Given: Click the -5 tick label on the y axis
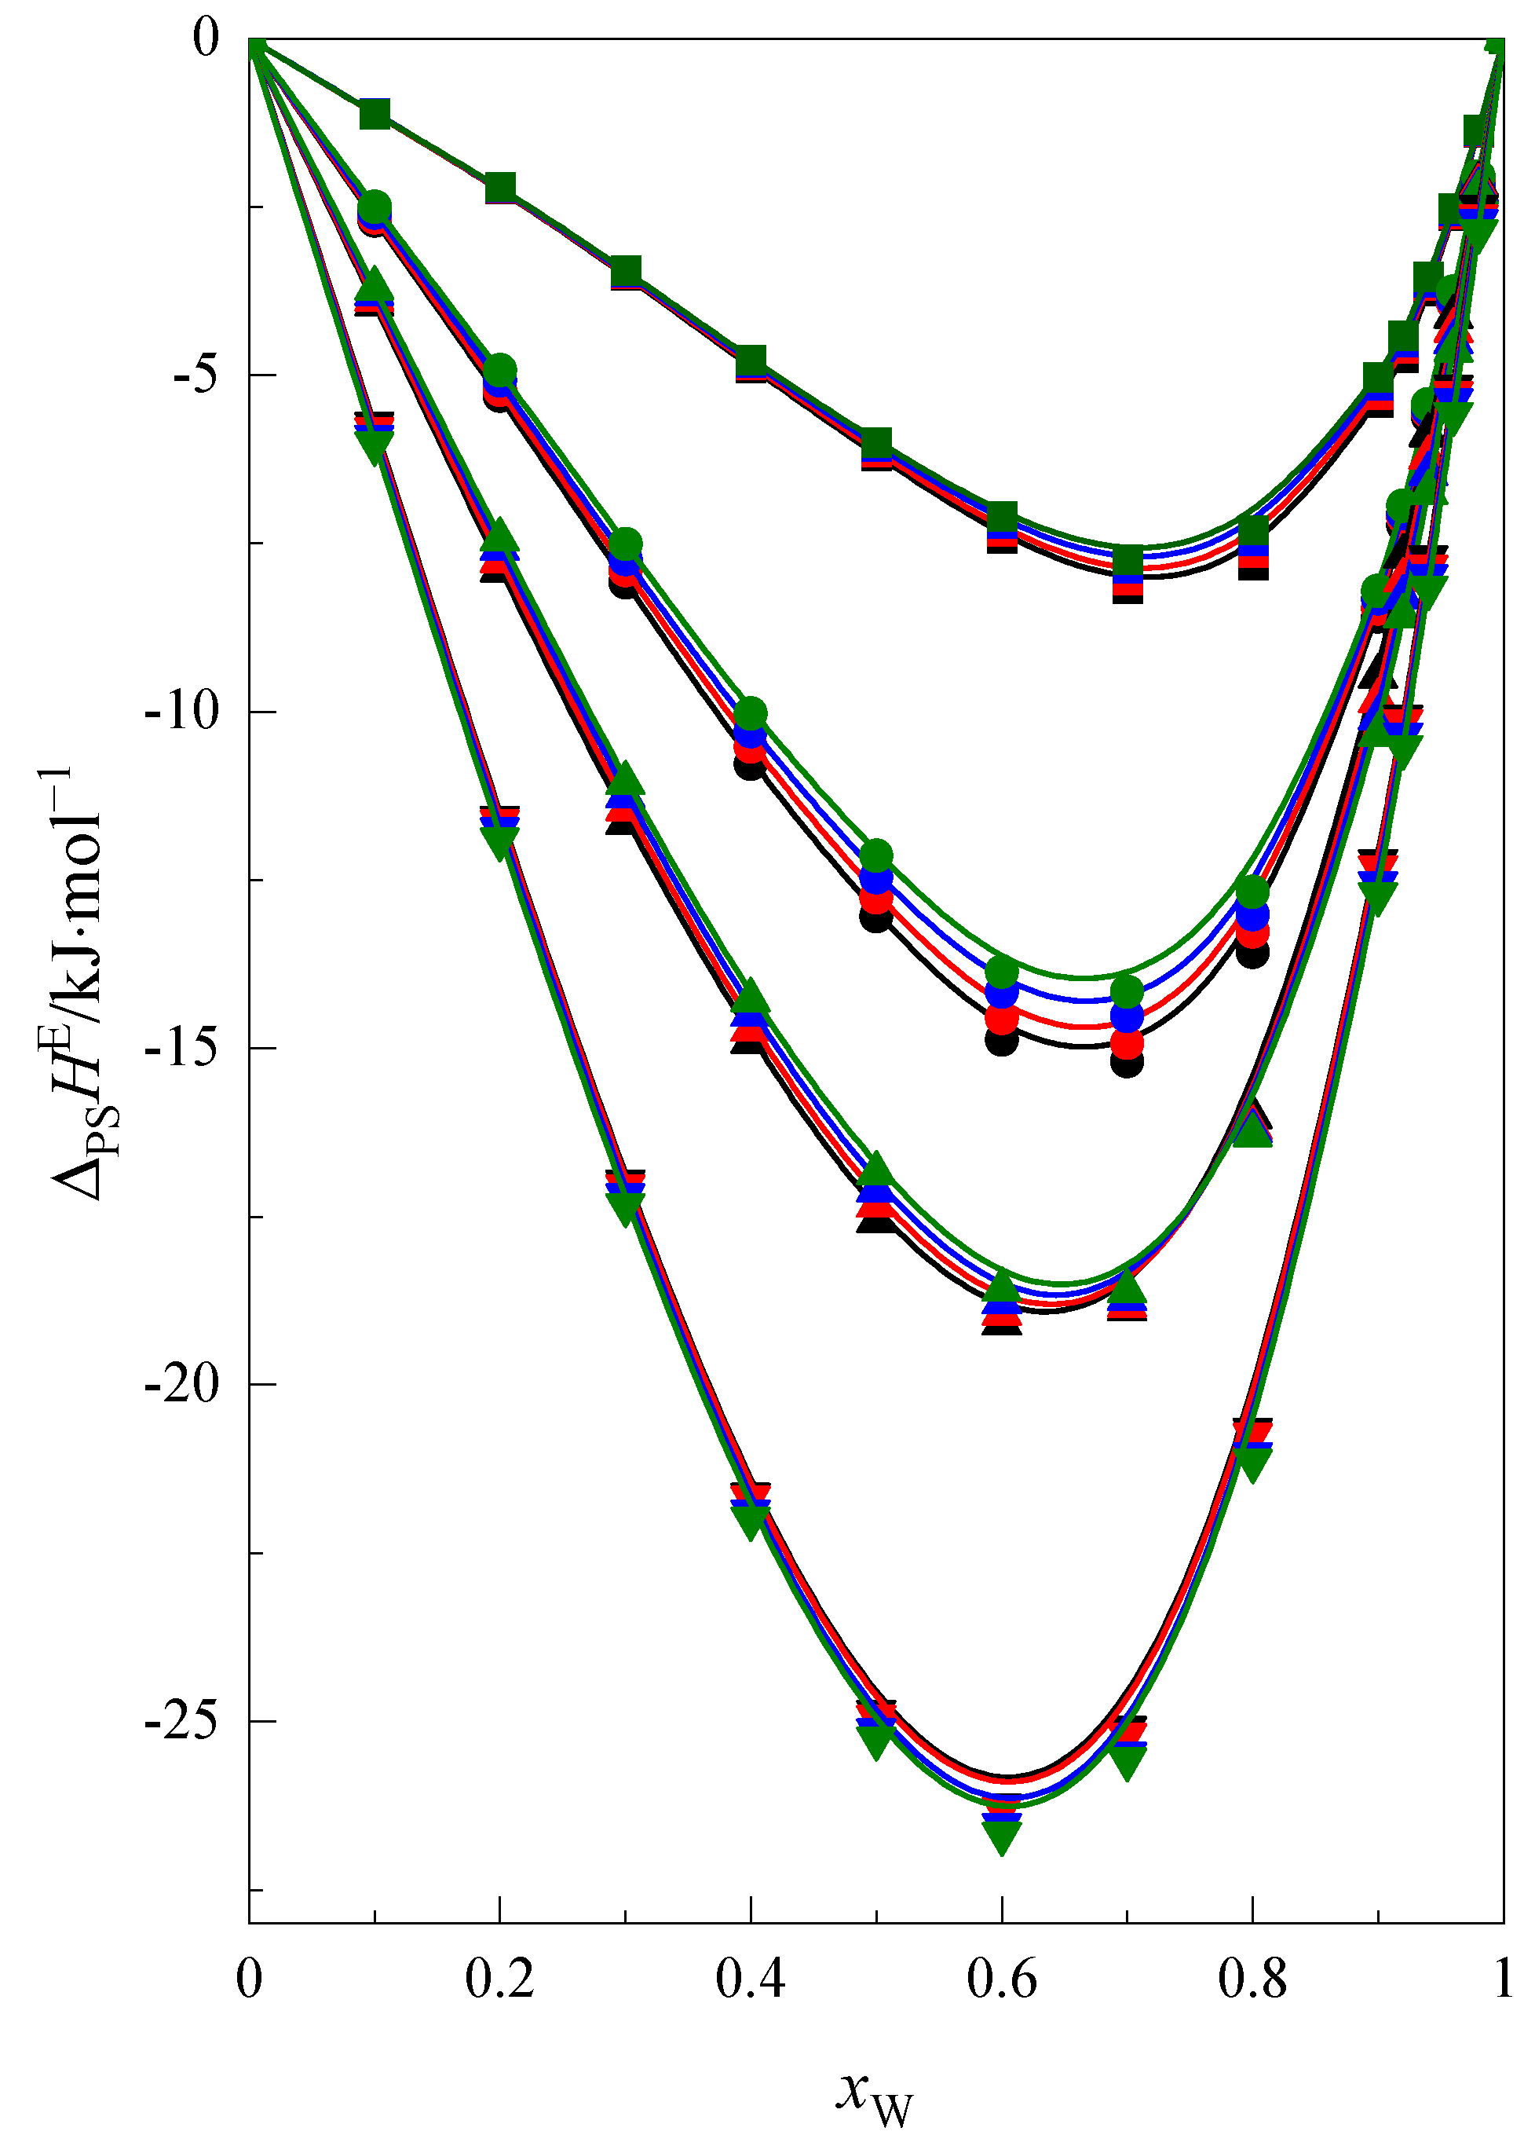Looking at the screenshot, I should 196,375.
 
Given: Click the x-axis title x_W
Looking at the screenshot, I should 875,2095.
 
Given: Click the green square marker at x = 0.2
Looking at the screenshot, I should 500,189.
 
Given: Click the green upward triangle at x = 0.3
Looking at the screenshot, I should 625,781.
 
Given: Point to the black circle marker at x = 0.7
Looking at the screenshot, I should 1127,1062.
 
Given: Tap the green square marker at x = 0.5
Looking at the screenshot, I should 876,441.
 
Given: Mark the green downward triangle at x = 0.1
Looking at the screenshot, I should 375,445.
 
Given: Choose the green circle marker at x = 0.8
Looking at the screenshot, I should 1252,892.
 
